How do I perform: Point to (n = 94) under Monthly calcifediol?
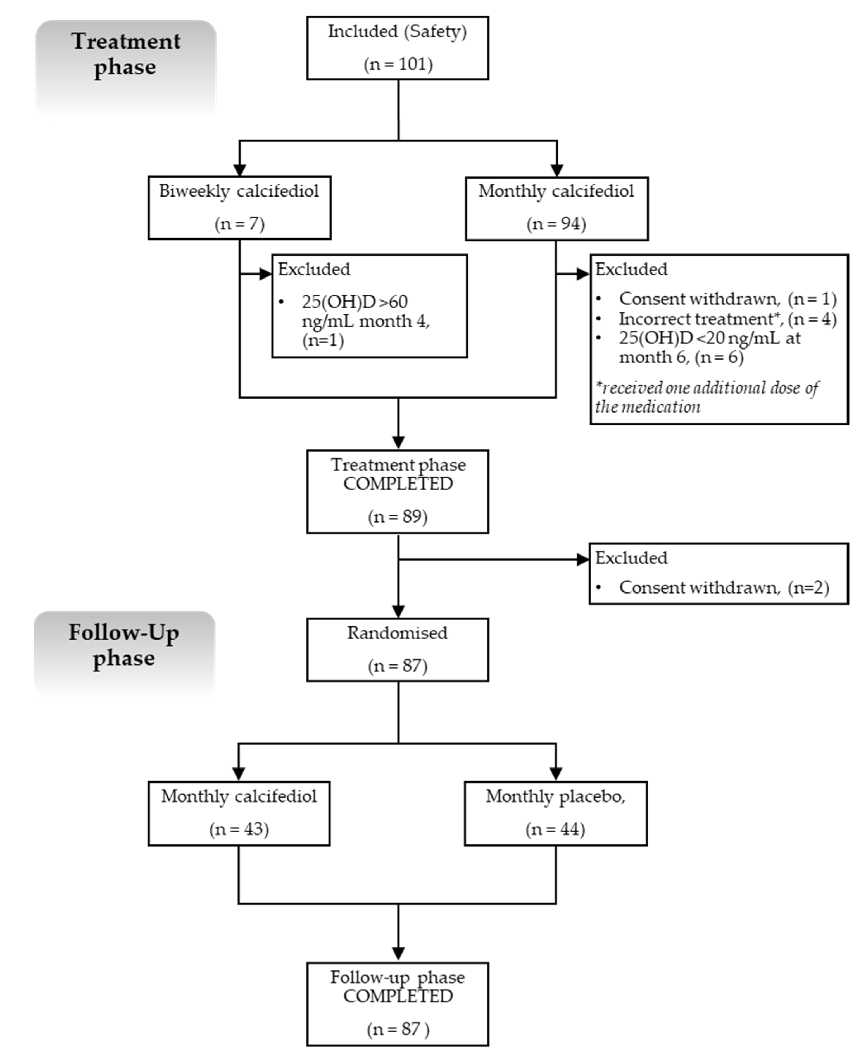[x=556, y=224]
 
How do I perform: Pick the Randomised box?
[x=398, y=649]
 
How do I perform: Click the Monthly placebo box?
[x=555, y=813]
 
